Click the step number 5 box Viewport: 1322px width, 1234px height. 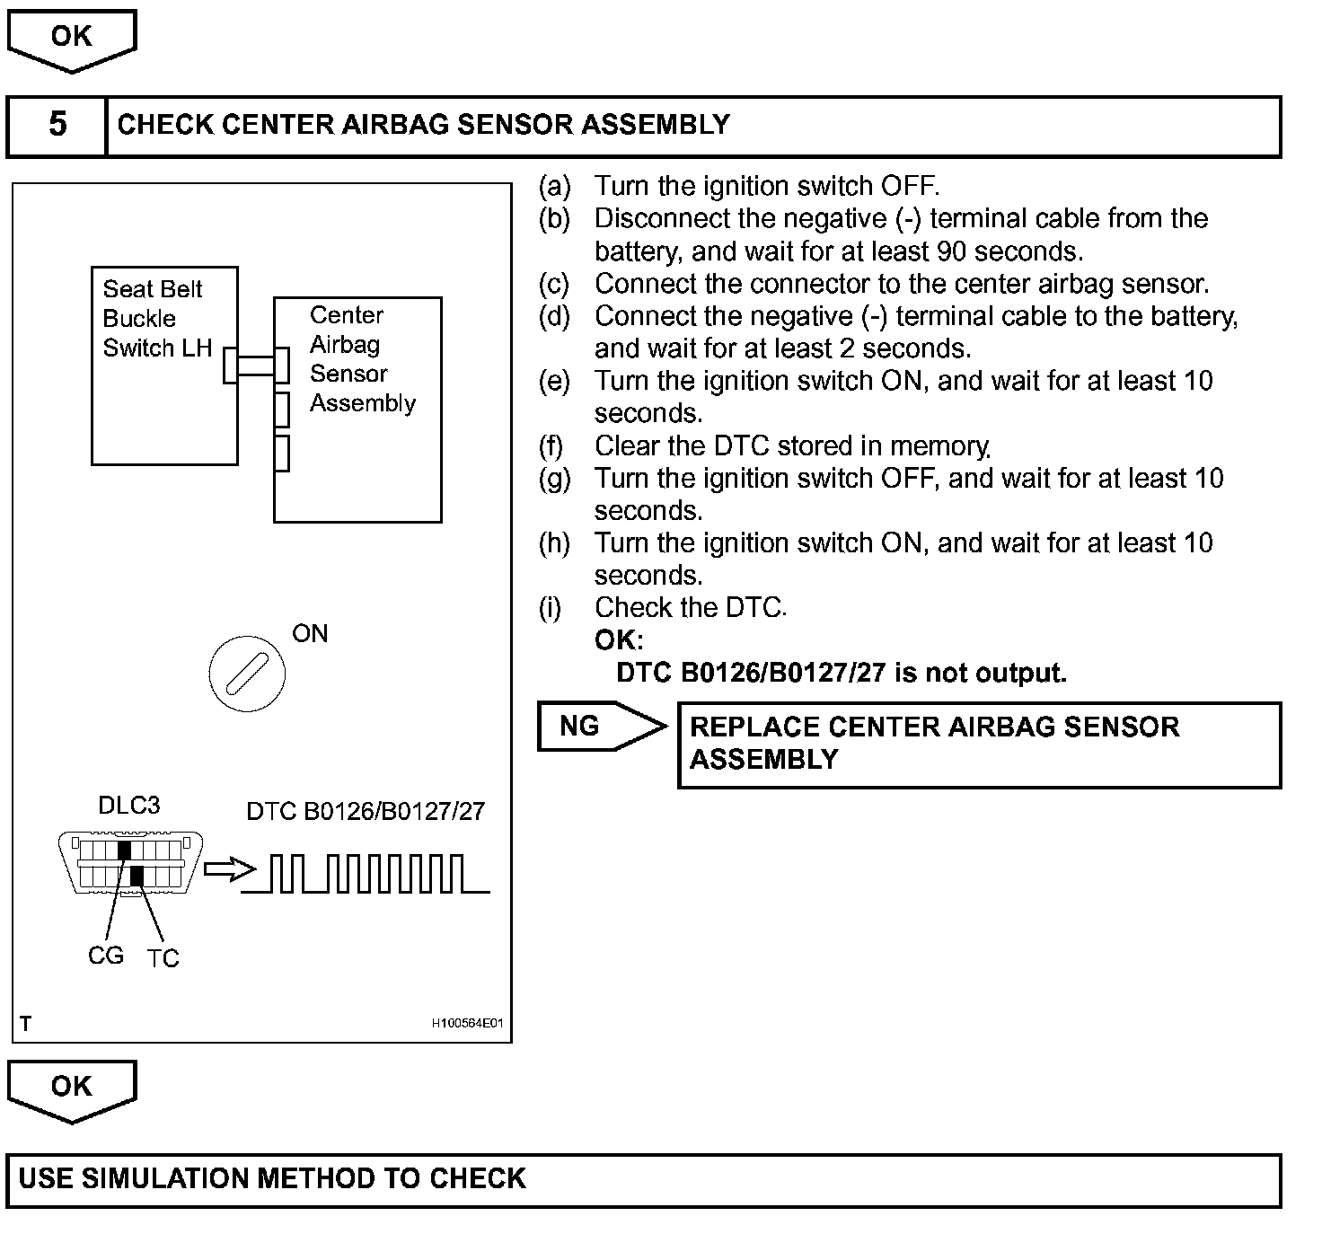pyautogui.click(x=57, y=125)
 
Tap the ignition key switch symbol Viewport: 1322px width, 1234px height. pyautogui.click(x=247, y=673)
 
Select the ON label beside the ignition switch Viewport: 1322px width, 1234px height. pyautogui.click(x=310, y=633)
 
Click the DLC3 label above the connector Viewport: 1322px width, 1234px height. pyautogui.click(x=128, y=806)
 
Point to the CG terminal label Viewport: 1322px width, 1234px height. pyautogui.click(x=105, y=956)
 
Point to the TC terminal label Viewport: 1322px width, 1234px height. pyautogui.click(x=163, y=958)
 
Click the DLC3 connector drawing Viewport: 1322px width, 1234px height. pyautogui.click(x=130, y=863)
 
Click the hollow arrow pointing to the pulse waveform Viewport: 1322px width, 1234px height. pyautogui.click(x=229, y=869)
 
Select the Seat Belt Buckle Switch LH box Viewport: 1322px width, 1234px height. pyautogui.click(x=164, y=366)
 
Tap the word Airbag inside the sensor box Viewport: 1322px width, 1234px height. pyautogui.click(x=345, y=345)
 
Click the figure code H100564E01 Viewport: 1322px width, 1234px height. pyautogui.click(x=466, y=1023)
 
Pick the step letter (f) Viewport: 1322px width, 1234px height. pyautogui.click(x=551, y=445)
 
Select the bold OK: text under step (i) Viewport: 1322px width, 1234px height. pyautogui.click(x=619, y=640)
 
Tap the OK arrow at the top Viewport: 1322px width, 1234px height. pyautogui.click(x=71, y=39)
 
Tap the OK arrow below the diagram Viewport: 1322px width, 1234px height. pyautogui.click(x=71, y=1089)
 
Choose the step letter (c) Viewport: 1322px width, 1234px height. pyautogui.click(x=553, y=284)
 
